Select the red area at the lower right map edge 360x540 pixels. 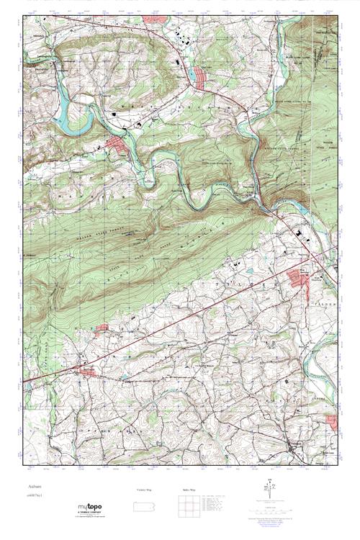click(x=333, y=424)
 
